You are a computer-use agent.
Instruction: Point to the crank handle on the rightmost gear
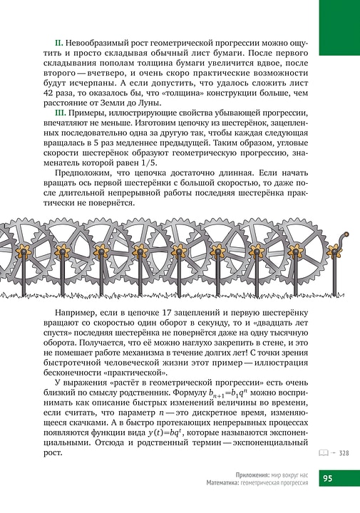pos(345,235)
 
